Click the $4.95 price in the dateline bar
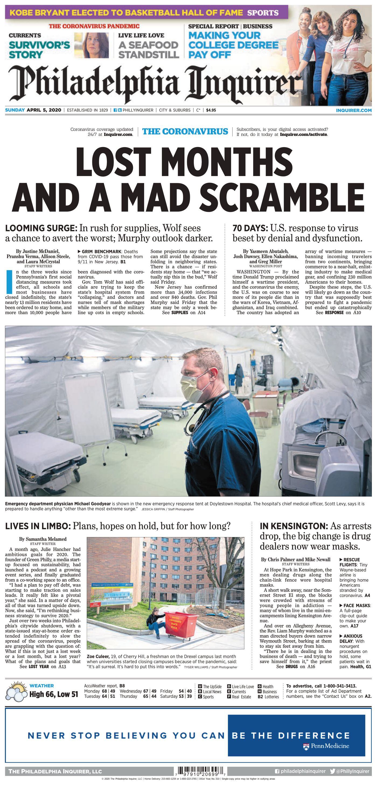(x=211, y=110)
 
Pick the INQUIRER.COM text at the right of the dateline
(x=354, y=110)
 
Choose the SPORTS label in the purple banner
(x=263, y=13)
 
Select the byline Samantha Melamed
(x=43, y=539)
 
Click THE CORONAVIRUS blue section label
(x=185, y=131)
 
